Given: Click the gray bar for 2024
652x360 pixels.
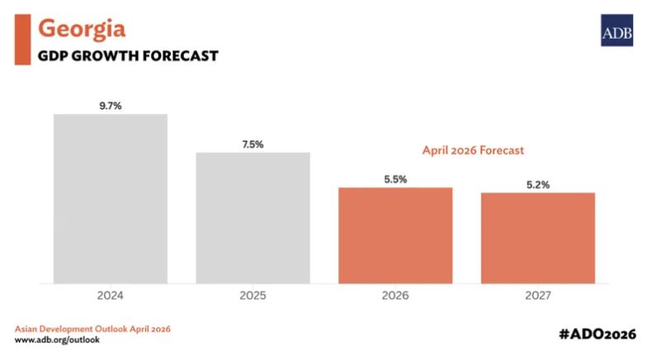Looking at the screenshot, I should coord(111,198).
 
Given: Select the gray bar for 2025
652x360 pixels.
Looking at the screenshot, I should coord(253,218).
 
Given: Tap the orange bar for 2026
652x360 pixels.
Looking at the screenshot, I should coord(395,235).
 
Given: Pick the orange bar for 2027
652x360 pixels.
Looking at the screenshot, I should coord(537,238).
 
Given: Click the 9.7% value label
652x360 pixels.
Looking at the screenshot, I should coord(111,106).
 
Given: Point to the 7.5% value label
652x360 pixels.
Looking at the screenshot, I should coord(253,144).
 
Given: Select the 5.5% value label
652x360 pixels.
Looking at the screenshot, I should coord(395,179).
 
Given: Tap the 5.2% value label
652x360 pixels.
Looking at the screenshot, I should coord(537,185).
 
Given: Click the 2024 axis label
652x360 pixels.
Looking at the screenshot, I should coord(111,295).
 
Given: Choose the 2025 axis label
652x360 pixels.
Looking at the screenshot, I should coord(253,295).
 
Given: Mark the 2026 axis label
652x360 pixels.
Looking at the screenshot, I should coord(395,295).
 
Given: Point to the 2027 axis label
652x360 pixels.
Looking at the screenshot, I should coord(537,295).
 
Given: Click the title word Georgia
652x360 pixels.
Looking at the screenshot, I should coord(82,29).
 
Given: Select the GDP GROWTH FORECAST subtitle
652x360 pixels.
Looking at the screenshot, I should coord(128,56).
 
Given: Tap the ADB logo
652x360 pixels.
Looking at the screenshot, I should coord(615,31).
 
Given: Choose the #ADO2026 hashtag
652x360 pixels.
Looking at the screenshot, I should coord(597,333).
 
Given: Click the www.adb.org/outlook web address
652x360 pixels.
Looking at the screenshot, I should coord(57,339).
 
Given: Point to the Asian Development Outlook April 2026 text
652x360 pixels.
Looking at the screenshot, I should coord(92,329).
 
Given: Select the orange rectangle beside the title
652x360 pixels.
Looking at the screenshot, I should coord(23,40).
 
